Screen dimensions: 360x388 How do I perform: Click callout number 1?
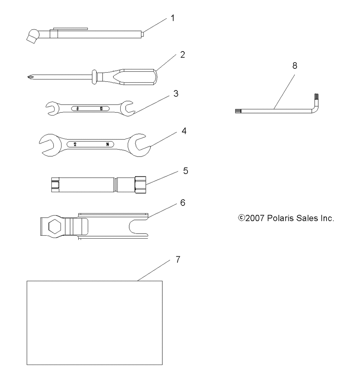(x=173, y=18)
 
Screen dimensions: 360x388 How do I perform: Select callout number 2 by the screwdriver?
(x=183, y=55)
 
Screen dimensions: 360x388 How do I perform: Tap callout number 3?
(x=176, y=94)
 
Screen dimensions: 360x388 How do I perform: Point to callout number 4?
(x=184, y=131)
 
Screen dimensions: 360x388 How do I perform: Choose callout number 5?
(x=185, y=171)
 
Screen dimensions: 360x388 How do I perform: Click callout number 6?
(x=183, y=203)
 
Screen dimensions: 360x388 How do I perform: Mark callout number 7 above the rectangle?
(x=178, y=259)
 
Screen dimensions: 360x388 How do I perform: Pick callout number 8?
(x=295, y=66)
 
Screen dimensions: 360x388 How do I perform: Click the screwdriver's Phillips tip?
(x=30, y=77)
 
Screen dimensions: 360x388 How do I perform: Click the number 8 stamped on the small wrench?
(x=78, y=109)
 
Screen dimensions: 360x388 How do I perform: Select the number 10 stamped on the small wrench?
(x=101, y=109)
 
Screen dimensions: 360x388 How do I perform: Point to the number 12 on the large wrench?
(x=75, y=145)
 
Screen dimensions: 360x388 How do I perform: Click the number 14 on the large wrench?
(x=107, y=145)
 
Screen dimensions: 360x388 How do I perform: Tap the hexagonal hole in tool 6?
(x=54, y=226)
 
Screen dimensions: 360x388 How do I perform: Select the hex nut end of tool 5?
(x=140, y=185)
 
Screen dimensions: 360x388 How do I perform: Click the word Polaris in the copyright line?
(x=280, y=218)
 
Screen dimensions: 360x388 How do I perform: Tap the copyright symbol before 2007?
(x=241, y=218)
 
